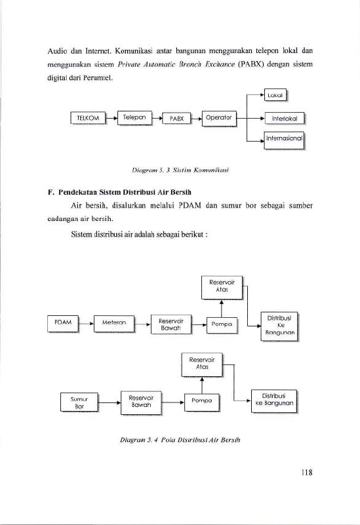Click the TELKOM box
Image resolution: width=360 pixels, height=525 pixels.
[88, 118]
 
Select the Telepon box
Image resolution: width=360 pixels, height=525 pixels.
[134, 118]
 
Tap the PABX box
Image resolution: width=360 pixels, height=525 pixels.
[176, 119]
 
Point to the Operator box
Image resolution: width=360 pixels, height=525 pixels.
[219, 119]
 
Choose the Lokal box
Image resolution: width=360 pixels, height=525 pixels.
[275, 95]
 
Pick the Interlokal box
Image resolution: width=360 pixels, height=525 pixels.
[285, 118]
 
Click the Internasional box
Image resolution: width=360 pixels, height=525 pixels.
[285, 140]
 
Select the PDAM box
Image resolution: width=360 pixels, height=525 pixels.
[63, 323]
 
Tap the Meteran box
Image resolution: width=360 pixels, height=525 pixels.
[114, 323]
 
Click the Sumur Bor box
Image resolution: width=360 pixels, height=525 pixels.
[79, 402]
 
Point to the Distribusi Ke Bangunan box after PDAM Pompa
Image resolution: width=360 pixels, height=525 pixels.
[279, 326]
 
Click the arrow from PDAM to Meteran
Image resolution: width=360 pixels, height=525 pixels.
[87, 324]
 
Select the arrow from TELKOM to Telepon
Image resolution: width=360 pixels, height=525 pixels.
[111, 118]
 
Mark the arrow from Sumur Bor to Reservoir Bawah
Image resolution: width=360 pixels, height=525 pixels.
[110, 402]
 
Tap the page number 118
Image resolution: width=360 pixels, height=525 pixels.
[307, 472]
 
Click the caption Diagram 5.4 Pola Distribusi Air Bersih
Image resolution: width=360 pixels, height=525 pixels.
[180, 440]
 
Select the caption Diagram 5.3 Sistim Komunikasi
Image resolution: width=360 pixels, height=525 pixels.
[180, 170]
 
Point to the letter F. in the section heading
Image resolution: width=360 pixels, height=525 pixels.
[51, 192]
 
